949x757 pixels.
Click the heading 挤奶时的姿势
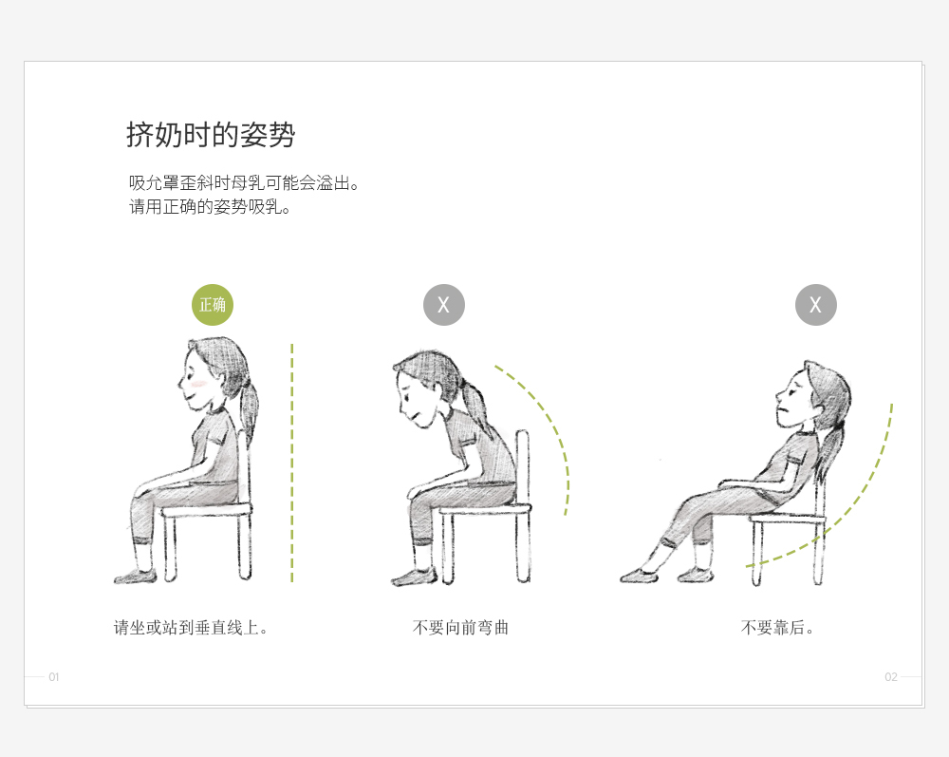pos(211,135)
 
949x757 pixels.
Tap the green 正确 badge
pos(213,305)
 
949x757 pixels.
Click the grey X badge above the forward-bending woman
pos(444,305)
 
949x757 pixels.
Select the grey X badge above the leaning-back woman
pos(816,305)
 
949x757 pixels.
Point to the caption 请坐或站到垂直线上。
pos(191,628)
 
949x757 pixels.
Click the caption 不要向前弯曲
pos(460,628)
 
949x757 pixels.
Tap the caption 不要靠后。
pos(777,628)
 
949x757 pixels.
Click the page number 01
pos(54,677)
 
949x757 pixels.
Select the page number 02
pos(891,677)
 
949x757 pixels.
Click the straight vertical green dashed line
pos(291,464)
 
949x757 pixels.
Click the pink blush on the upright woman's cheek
pos(198,384)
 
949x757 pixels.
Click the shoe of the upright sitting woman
pos(136,577)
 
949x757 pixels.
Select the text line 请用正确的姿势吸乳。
pos(210,207)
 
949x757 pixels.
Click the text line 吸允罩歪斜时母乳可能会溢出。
pos(244,183)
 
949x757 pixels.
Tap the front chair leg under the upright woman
pos(170,548)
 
